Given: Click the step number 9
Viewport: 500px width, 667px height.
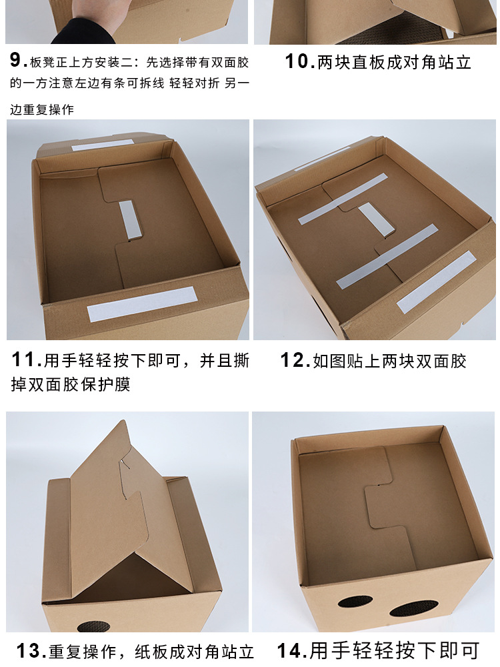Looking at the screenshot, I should tap(18, 61).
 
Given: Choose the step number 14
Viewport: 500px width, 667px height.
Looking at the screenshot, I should tap(291, 650).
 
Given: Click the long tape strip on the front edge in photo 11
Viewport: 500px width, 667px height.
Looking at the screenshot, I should tap(142, 303).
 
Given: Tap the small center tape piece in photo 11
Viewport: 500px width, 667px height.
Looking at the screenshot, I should tap(131, 219).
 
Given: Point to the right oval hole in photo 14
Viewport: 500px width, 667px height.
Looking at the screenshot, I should tap(413, 607).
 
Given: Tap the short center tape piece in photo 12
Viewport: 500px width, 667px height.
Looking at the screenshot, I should tap(375, 219).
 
